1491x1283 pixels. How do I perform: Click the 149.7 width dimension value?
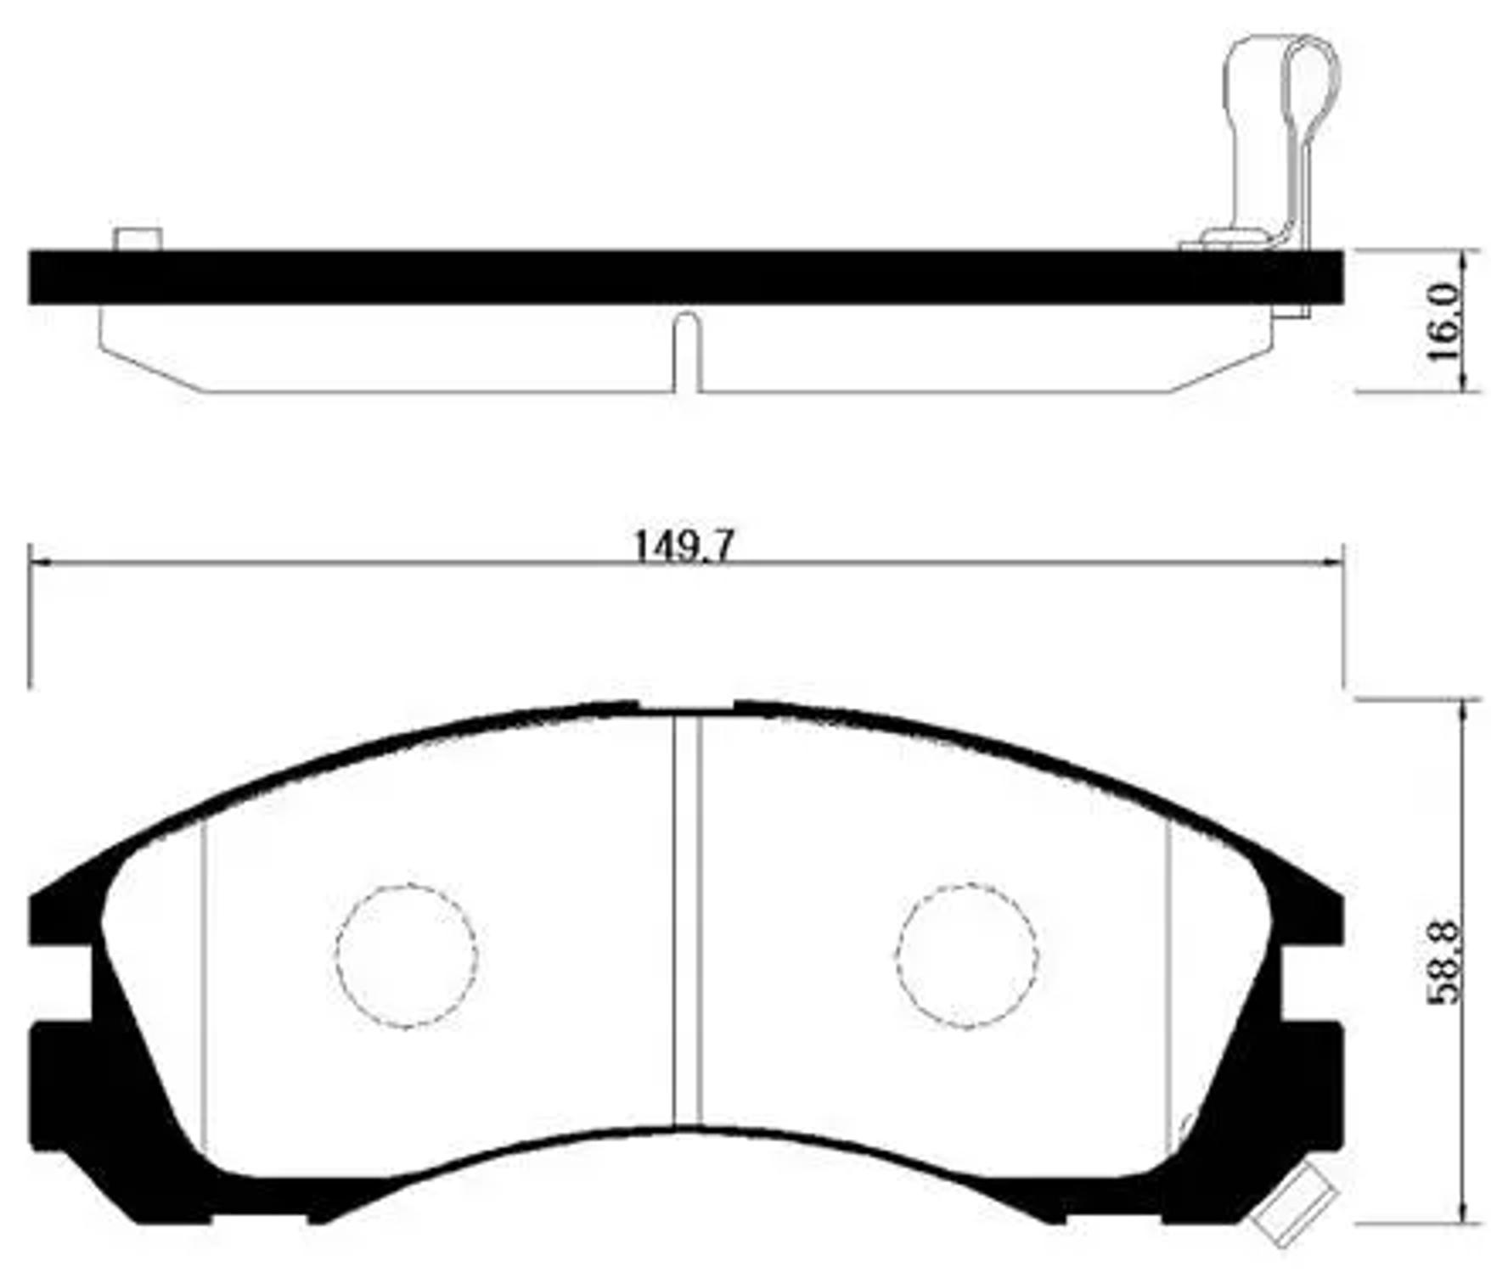(683, 547)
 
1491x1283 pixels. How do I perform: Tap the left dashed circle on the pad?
(406, 956)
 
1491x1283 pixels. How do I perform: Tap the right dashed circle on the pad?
(965, 956)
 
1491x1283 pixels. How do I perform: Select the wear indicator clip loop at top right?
(1312, 85)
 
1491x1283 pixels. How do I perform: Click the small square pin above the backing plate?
(138, 239)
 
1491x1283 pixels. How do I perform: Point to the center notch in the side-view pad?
(687, 352)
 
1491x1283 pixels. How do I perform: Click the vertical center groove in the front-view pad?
(687, 916)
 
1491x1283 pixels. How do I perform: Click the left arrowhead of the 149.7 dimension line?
(37, 563)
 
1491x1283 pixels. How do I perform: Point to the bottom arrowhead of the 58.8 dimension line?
(1461, 1214)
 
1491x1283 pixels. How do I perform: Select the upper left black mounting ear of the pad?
(59, 916)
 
